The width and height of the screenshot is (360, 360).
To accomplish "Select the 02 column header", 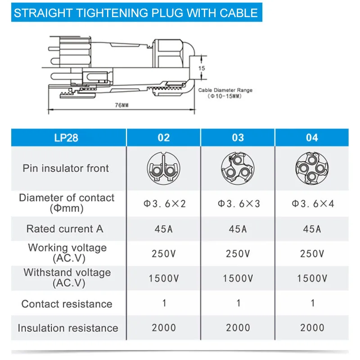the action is [164, 137].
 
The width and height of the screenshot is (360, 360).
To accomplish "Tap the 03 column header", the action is [238, 137].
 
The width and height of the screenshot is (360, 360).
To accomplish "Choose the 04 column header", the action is [312, 137].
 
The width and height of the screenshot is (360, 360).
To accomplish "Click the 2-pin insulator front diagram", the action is [164, 168].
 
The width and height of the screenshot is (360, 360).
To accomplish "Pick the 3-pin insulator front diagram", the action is [238, 168].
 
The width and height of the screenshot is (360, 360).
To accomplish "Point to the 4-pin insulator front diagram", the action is [312, 168].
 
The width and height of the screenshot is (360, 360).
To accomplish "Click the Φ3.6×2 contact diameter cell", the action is [164, 203].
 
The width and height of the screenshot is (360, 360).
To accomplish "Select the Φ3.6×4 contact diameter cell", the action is [312, 203].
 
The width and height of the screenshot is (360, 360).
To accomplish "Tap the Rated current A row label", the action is [65, 229].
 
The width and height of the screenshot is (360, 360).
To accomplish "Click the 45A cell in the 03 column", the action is [238, 229].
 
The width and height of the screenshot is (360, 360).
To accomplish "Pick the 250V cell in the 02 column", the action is [164, 254].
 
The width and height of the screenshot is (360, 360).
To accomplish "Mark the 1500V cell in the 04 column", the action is [312, 279].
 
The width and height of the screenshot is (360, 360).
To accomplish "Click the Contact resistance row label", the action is [67, 304].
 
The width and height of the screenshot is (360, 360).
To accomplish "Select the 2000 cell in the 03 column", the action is [238, 328].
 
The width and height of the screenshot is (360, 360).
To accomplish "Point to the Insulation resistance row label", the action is [67, 328].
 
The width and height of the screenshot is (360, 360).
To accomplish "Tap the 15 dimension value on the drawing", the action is [202, 68].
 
